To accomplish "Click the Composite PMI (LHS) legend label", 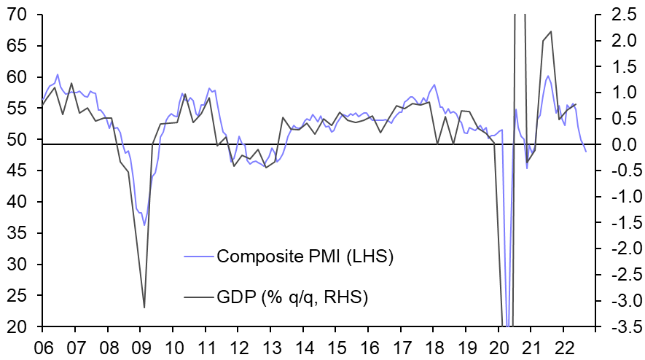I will point(305,257).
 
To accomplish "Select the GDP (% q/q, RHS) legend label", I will point(292,297).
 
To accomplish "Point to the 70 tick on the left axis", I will point(16,15).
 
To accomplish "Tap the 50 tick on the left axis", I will point(16,139).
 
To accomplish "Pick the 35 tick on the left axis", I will point(16,233).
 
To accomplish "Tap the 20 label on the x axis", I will point(499,345).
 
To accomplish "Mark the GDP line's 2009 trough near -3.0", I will point(144,308).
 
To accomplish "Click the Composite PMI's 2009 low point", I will point(144,224).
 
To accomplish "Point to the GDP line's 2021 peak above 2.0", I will point(551,31).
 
